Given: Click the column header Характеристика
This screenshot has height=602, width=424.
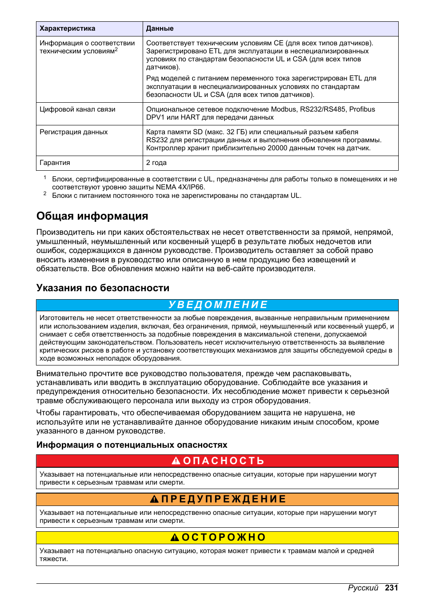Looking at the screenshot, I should tap(68, 28).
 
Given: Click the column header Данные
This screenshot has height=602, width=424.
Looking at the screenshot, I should tap(160, 28).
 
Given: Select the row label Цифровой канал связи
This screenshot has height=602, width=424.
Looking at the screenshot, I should tap(77, 109).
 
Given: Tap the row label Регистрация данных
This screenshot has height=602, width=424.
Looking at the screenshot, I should tap(74, 132).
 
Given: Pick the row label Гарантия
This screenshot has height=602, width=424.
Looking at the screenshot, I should tap(55, 163).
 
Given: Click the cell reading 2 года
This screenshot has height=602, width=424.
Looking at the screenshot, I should tap(156, 163).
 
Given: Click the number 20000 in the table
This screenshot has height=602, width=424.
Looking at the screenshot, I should tap(277, 148).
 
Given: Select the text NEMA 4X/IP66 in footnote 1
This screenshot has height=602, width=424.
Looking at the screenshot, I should tap(183, 187).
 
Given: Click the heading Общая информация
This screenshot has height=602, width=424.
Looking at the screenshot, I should tap(92, 216).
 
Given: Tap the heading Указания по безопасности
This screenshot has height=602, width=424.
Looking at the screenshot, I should tap(103, 288).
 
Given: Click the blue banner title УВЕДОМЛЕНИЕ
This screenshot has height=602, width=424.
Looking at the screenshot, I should tap(218, 305).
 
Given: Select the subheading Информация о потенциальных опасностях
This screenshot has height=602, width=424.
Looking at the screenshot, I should tap(132, 445).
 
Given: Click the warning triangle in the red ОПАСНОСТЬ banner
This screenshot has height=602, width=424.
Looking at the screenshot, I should tap(176, 461).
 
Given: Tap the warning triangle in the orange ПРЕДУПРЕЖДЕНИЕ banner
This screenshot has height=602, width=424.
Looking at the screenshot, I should tap(154, 499).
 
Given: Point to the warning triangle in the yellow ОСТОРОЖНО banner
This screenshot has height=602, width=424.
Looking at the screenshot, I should tap(175, 538).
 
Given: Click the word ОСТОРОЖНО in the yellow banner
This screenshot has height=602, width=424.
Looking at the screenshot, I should tap(224, 538).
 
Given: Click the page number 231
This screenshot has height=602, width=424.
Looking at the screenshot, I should tap(392, 588).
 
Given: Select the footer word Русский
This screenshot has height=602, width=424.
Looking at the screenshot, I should tap(363, 588).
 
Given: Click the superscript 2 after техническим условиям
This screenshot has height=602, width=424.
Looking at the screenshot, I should tap(116, 49).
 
